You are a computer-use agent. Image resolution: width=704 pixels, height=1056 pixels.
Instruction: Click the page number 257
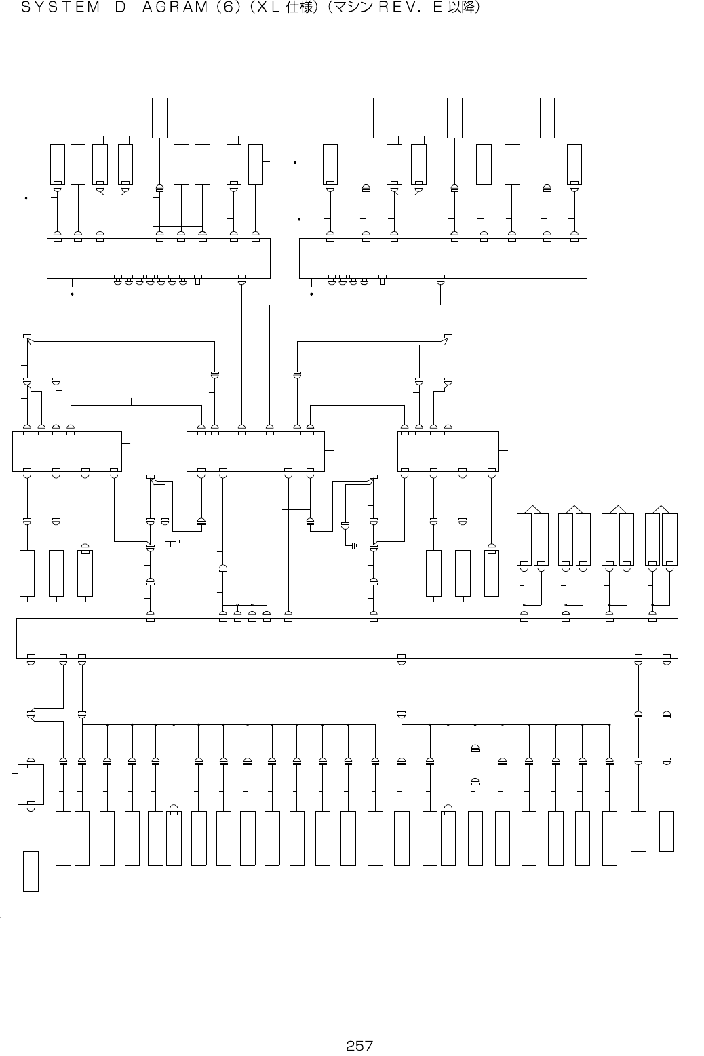(x=359, y=1046)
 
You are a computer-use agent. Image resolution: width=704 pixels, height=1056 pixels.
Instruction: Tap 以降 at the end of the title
(x=460, y=9)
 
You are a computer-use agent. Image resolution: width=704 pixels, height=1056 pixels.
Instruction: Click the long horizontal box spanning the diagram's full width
(x=347, y=638)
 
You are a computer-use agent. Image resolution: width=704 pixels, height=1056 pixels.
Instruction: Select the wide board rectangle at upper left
(x=158, y=258)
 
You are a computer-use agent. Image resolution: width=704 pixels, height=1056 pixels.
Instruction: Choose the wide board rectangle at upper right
(x=443, y=258)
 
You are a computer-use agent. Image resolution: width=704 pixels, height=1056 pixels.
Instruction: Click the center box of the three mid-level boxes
(x=255, y=451)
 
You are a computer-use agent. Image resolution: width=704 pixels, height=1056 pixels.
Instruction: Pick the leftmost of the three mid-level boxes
(x=66, y=451)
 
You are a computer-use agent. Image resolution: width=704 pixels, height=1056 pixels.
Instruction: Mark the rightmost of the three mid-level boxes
(x=448, y=451)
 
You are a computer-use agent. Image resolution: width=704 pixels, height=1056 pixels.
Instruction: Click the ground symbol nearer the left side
(x=177, y=541)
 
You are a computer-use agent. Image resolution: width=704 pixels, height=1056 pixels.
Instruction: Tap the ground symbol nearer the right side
(x=353, y=544)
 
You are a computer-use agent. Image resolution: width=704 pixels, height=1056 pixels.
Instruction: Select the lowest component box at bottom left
(x=31, y=871)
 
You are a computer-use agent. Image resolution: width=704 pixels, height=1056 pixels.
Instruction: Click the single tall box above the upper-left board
(x=159, y=118)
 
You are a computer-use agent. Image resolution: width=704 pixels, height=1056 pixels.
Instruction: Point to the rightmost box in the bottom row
(x=666, y=831)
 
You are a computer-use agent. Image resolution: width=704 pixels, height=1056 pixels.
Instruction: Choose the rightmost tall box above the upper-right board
(x=547, y=118)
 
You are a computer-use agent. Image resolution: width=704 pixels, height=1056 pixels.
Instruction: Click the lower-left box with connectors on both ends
(x=31, y=784)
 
